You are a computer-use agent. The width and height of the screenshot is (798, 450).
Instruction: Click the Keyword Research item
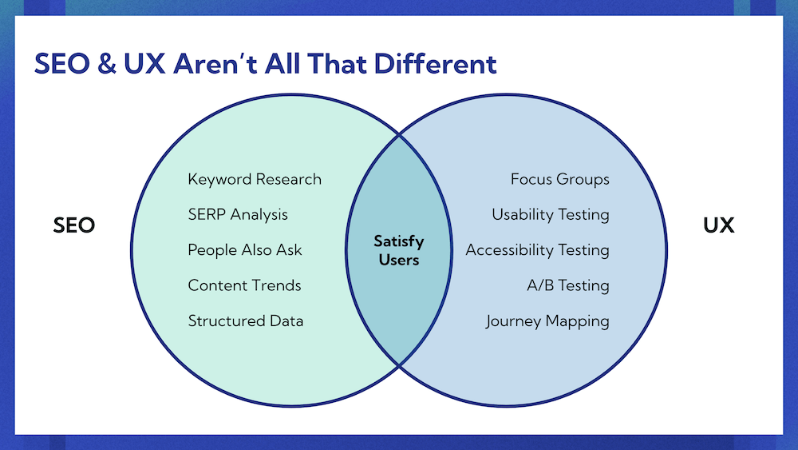click(255, 179)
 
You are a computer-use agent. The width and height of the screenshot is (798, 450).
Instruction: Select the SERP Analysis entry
click(238, 214)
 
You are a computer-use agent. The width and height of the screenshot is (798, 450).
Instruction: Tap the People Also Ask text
click(245, 250)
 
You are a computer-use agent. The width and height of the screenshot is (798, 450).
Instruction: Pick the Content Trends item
click(244, 285)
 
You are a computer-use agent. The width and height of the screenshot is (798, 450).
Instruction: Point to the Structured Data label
click(246, 321)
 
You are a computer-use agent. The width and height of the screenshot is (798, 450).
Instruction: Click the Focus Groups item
click(560, 179)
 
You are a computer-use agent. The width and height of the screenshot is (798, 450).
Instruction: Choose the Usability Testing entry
click(551, 214)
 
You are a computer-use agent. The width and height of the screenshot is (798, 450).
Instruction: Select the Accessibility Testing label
click(537, 250)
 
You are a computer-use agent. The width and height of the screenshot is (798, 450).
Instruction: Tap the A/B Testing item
click(568, 285)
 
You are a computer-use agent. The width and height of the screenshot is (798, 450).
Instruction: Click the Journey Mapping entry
click(547, 321)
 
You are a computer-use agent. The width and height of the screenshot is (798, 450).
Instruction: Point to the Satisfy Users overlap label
click(399, 250)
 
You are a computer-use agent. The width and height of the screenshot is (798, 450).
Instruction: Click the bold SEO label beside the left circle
click(73, 225)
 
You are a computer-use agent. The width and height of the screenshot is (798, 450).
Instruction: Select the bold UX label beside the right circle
click(719, 225)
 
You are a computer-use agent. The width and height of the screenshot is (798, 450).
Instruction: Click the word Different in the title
click(435, 64)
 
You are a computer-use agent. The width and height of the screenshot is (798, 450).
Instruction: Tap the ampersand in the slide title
click(106, 64)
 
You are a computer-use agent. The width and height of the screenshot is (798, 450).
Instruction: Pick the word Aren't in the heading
click(214, 64)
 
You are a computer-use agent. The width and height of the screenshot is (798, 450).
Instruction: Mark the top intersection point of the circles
click(399, 136)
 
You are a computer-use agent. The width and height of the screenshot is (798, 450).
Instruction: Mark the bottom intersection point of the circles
click(399, 365)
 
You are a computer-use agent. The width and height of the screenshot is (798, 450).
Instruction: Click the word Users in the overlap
click(399, 260)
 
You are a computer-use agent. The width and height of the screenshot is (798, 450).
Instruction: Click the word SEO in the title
click(62, 64)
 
